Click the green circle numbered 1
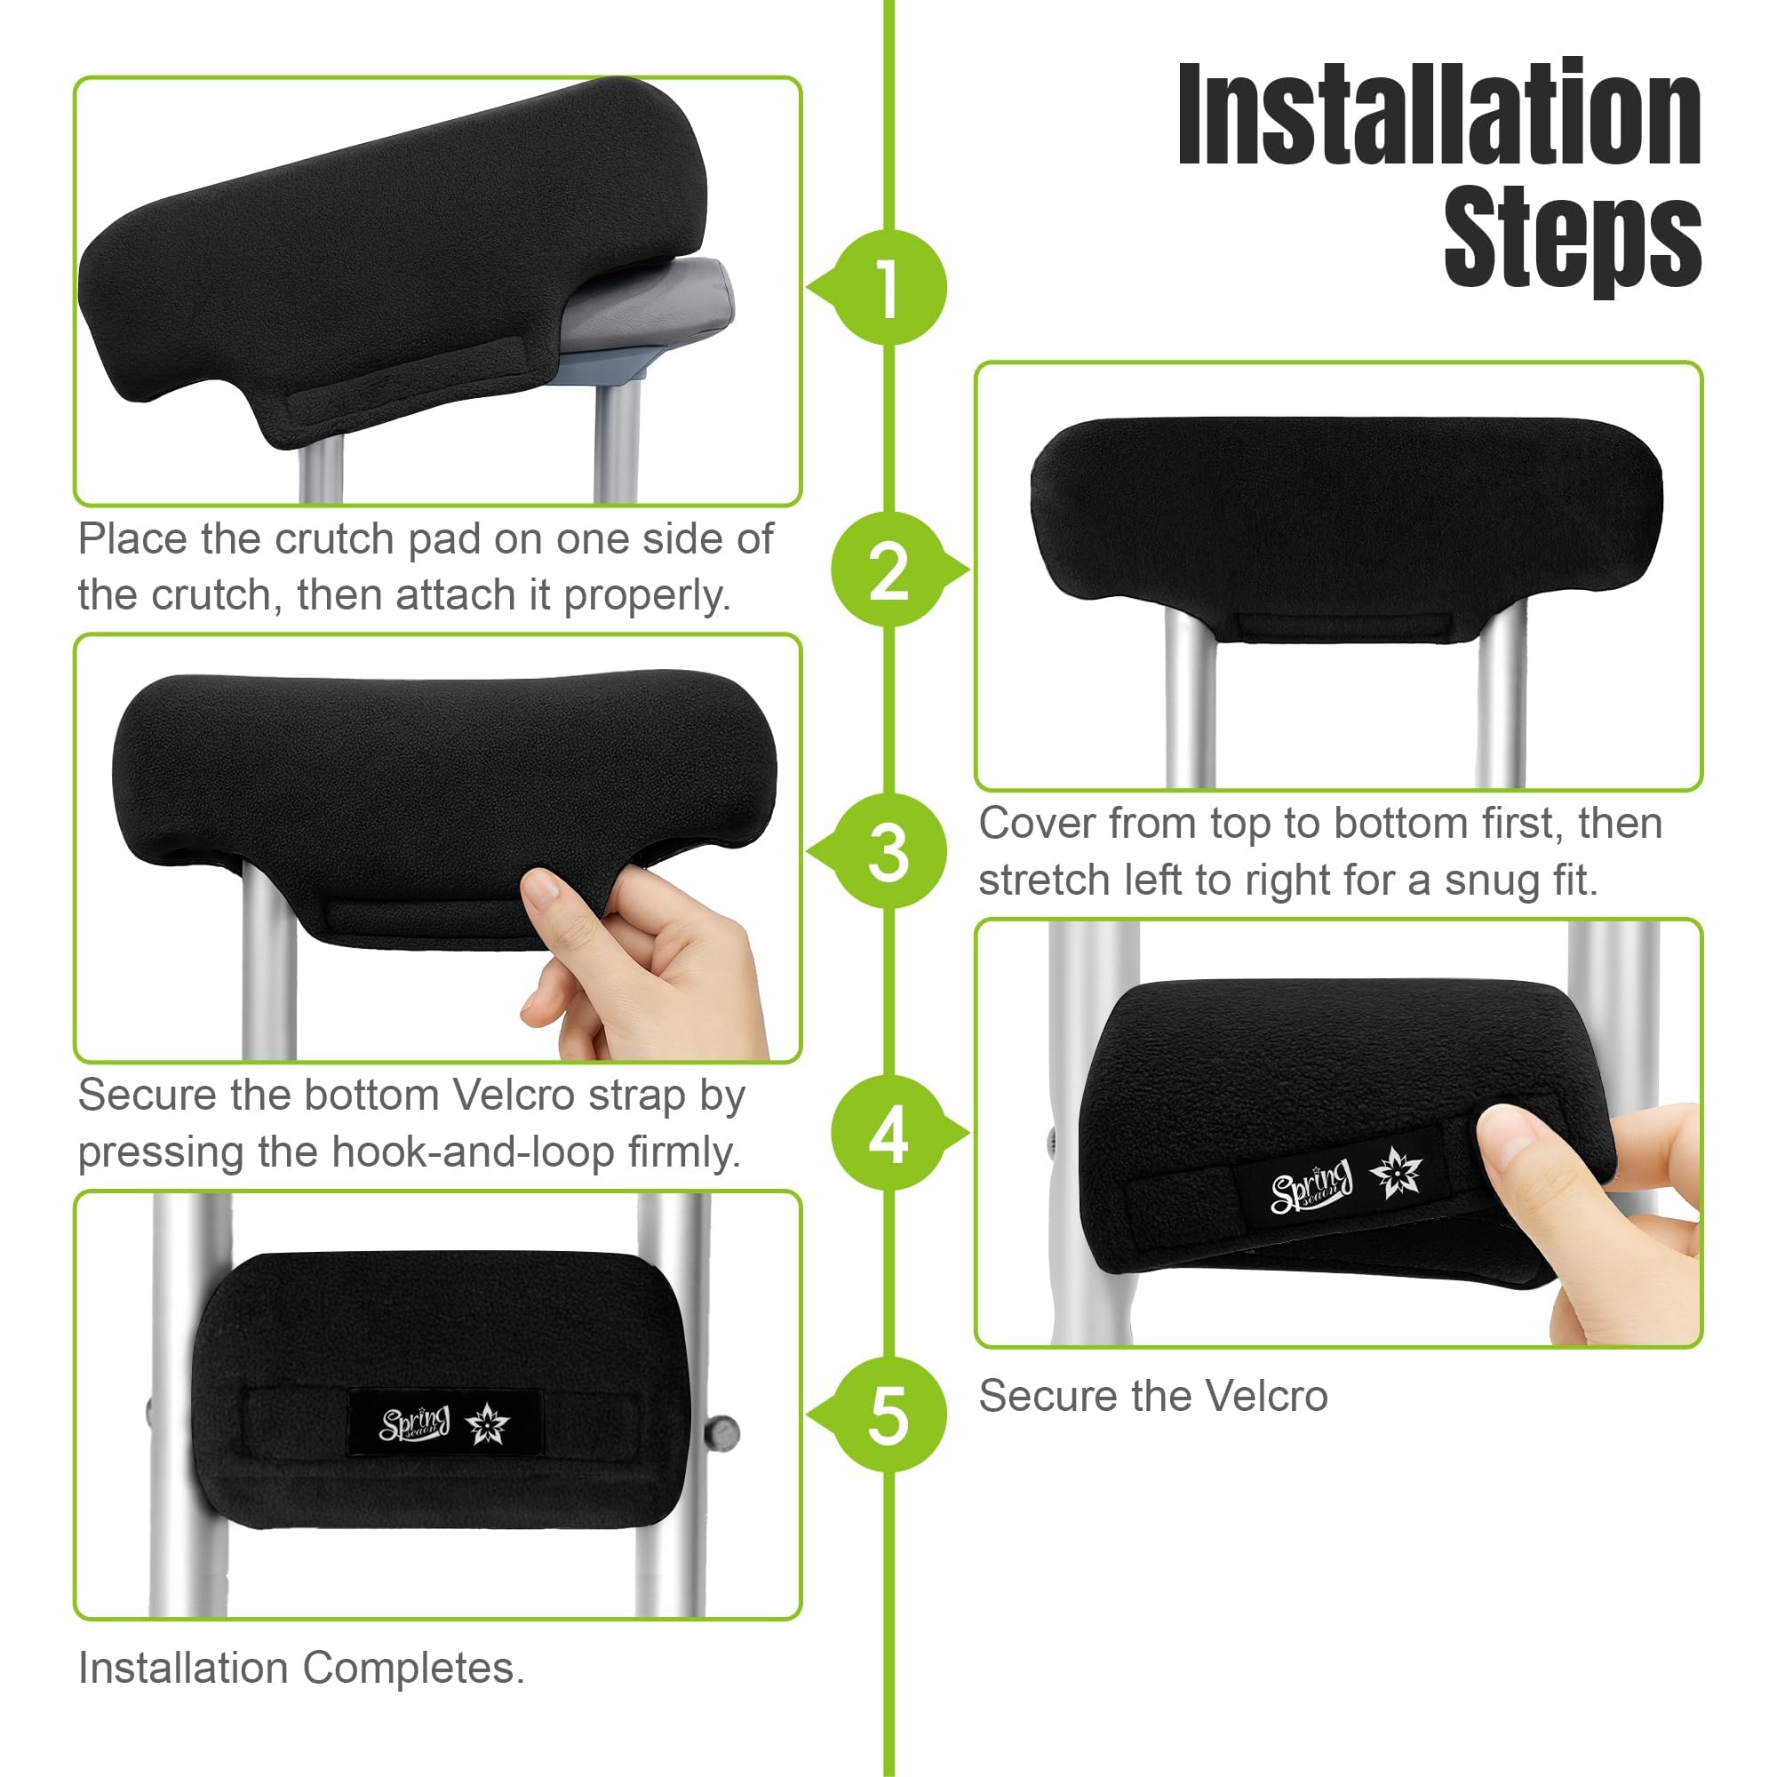[888, 288]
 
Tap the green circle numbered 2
[888, 570]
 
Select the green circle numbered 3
[888, 852]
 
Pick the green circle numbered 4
[888, 1133]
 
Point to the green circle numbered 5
[888, 1415]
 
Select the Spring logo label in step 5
[445, 1422]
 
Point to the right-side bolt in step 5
[724, 1432]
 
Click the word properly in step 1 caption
[647, 596]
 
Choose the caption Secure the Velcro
[1152, 1396]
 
